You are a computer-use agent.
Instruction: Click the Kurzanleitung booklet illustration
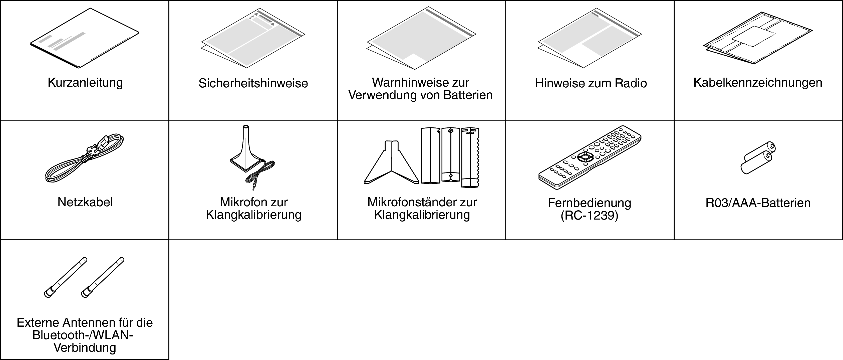[84, 39]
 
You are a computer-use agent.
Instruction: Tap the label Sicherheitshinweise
[253, 83]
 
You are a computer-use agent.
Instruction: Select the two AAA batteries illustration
[758, 158]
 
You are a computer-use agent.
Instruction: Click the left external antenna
[66, 278]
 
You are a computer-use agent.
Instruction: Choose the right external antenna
[102, 278]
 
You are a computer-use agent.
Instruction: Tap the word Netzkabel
[85, 202]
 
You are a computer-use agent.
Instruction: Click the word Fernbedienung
[589, 203]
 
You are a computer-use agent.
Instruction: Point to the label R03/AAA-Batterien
[758, 203]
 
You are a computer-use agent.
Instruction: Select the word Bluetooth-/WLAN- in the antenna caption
[83, 335]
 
